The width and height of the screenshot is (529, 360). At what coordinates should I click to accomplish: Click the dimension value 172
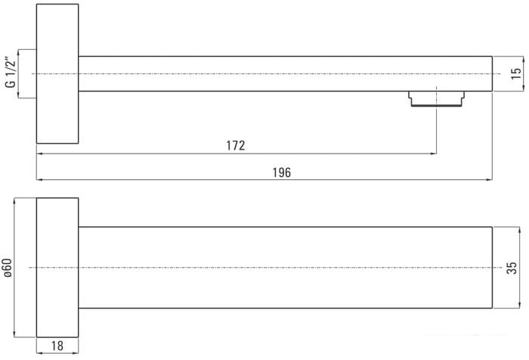tap(235, 145)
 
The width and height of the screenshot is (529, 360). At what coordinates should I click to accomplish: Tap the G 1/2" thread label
tap(10, 73)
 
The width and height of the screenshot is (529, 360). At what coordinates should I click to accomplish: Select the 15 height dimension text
tap(515, 73)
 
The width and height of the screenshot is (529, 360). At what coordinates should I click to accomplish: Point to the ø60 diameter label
tap(8, 268)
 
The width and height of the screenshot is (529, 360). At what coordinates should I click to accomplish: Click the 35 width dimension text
tap(512, 268)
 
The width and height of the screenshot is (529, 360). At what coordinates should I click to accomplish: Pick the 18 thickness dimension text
tap(57, 346)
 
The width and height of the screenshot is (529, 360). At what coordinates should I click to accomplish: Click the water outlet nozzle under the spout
tap(435, 99)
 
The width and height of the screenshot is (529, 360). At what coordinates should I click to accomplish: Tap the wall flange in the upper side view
tap(57, 73)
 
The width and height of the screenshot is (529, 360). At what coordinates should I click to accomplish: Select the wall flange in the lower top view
tap(57, 268)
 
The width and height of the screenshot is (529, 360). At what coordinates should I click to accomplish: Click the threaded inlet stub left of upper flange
tap(28, 73)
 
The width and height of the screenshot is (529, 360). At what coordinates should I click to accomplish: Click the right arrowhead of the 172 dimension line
tap(433, 154)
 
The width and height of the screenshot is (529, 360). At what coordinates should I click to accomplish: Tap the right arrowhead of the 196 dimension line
tap(489, 180)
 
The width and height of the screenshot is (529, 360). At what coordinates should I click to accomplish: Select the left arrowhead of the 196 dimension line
tap(40, 180)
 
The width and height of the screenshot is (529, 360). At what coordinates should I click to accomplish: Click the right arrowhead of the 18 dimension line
tap(76, 355)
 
